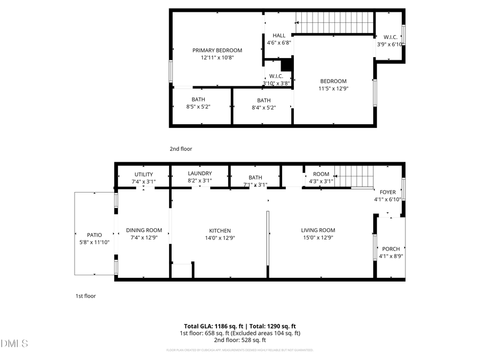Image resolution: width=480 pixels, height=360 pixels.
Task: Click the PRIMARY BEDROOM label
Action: click(217, 50)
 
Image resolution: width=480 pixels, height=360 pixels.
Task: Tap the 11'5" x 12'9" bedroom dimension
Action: click(333, 89)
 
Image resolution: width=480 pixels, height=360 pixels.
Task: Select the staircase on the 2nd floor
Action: click(334, 23)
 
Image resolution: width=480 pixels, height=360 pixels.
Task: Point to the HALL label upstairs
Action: click(278, 36)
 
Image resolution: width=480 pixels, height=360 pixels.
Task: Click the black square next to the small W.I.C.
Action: click(287, 65)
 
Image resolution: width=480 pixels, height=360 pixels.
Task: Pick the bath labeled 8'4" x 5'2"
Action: click(263, 107)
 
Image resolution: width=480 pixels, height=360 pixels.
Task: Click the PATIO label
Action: click(94, 235)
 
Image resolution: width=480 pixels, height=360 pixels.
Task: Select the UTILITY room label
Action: click(143, 174)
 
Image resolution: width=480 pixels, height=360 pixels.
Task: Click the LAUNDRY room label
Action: click(200, 173)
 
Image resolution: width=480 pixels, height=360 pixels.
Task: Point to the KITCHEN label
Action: click(219, 230)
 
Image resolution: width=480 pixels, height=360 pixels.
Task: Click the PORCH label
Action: click(391, 249)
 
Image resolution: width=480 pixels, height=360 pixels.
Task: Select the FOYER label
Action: click(387, 192)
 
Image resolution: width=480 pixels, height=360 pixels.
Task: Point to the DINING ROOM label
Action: click(143, 230)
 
